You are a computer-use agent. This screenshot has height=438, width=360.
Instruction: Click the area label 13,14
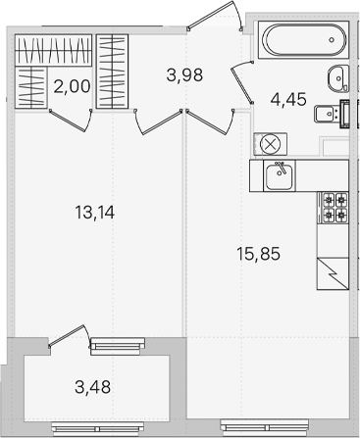click(x=95, y=213)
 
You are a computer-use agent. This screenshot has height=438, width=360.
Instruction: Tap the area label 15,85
click(x=259, y=254)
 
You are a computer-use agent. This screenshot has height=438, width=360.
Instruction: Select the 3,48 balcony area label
click(x=93, y=387)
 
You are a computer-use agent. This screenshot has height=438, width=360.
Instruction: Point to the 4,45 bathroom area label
click(x=288, y=99)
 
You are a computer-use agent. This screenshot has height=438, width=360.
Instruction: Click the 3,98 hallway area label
click(x=184, y=75)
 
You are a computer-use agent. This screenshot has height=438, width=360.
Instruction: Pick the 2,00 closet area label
click(x=72, y=87)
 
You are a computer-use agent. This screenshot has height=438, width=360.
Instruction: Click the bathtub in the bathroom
click(x=303, y=40)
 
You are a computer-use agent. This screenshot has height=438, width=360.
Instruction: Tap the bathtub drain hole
click(x=332, y=40)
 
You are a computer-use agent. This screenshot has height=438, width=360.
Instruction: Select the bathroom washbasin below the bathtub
click(x=338, y=78)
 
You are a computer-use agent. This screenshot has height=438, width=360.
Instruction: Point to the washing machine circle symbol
click(x=270, y=144)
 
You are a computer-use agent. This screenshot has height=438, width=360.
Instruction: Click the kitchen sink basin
click(x=280, y=176)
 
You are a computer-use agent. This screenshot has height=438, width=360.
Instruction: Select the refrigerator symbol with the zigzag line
click(x=333, y=273)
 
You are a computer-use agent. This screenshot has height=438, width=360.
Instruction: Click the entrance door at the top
click(x=214, y=15)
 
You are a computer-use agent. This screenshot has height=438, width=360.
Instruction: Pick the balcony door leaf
click(x=66, y=335)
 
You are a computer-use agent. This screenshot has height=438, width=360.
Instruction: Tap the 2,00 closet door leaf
click(x=68, y=121)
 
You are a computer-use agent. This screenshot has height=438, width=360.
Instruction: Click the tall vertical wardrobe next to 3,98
click(x=112, y=72)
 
